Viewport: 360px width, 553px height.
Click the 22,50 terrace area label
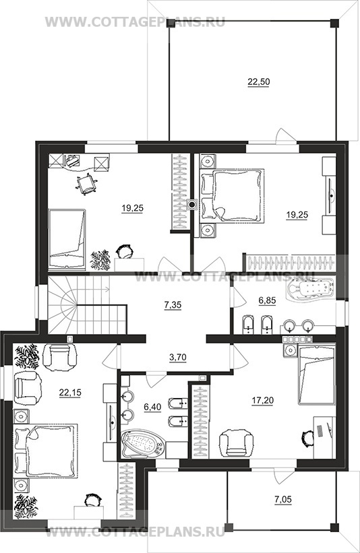pyautogui.click(x=258, y=82)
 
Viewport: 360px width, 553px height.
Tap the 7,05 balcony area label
pyautogui.click(x=283, y=499)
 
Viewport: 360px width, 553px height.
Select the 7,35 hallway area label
pyautogui.click(x=173, y=304)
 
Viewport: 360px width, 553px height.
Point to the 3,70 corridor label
pyautogui.click(x=177, y=357)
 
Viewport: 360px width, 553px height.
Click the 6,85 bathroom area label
pyautogui.click(x=267, y=300)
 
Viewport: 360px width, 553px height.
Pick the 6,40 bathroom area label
pyautogui.click(x=152, y=407)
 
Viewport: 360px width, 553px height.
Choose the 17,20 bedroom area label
pyautogui.click(x=262, y=401)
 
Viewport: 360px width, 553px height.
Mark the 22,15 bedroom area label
pyautogui.click(x=69, y=392)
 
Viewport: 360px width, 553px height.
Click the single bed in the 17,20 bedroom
pyautogui.click(x=316, y=375)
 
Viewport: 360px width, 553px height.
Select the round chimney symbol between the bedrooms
pyautogui.click(x=192, y=204)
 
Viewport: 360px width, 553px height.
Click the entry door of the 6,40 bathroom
pyautogui.click(x=155, y=380)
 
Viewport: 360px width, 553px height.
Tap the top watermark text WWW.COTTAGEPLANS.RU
pyautogui.click(x=136, y=22)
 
